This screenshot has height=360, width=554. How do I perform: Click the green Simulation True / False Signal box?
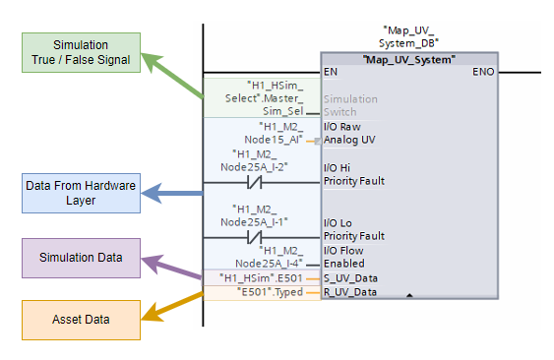82,53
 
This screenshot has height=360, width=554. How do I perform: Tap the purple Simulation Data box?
83,258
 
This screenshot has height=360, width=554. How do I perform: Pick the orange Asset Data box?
83,320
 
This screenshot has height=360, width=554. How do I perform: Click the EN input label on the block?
330,72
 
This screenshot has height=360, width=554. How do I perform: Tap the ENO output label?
483,72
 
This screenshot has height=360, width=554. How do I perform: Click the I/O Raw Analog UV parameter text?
349,133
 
